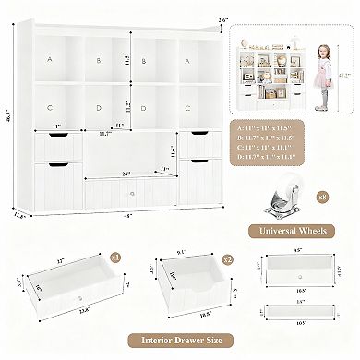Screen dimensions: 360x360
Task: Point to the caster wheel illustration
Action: (x=287, y=196)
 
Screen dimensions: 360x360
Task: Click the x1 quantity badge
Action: (x=115, y=258)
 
